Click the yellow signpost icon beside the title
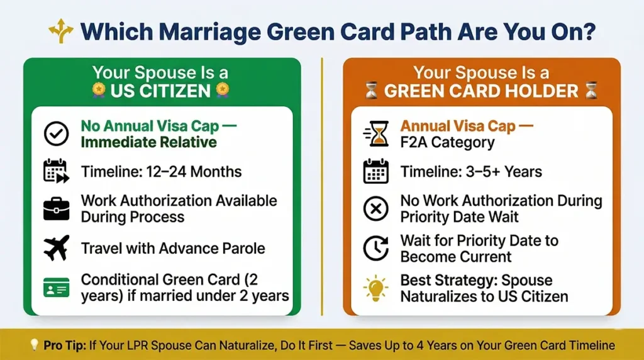coord(60,31)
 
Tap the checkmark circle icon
coord(56,133)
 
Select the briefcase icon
coord(56,209)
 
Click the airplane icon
coord(56,248)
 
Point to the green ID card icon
coord(56,287)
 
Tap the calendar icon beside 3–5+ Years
coord(376,171)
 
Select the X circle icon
coord(376,209)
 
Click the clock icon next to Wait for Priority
coord(376,248)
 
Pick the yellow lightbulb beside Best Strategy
coord(376,287)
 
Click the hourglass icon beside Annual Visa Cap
coord(376,133)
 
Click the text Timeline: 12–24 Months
coord(161,171)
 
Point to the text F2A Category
coord(447,142)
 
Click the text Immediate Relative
coord(148,142)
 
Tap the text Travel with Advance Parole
coord(173,248)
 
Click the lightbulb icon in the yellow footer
coord(34,346)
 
